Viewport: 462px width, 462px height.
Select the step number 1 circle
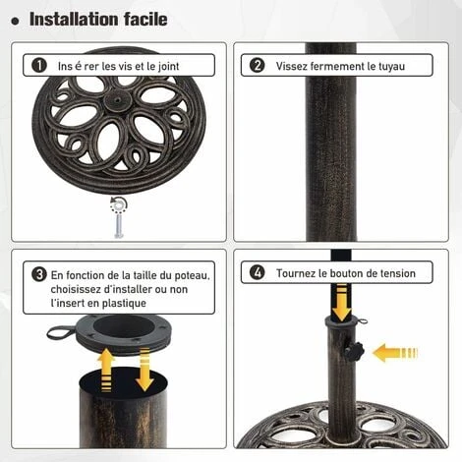(39, 66)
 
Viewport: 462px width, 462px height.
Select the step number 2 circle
(258, 66)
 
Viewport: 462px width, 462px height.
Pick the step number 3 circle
(39, 274)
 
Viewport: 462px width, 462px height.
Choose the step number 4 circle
(258, 273)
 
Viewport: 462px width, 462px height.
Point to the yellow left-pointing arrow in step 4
(394, 352)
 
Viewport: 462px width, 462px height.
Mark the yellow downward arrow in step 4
(339, 304)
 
